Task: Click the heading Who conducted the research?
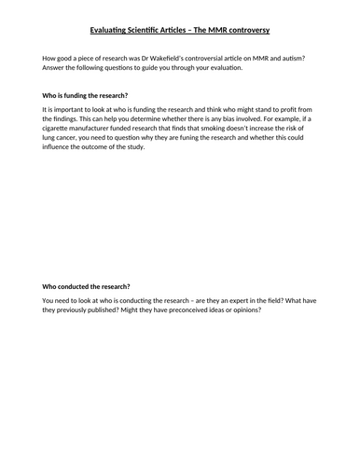[86, 286]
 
